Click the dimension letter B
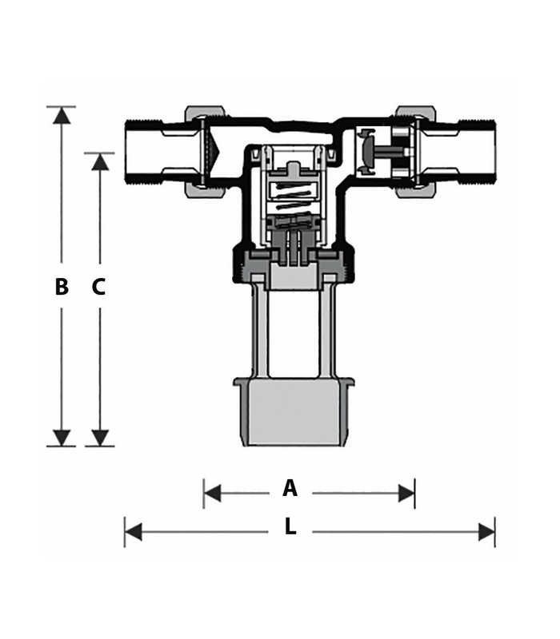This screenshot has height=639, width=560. [x=62, y=287]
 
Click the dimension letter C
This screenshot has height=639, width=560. [x=98, y=287]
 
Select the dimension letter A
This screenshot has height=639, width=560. [x=290, y=488]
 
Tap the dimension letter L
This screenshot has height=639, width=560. [x=290, y=527]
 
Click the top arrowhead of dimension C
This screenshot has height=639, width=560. [x=99, y=161]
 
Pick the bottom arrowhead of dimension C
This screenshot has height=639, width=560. [x=99, y=437]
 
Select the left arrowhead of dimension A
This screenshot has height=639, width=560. [x=213, y=493]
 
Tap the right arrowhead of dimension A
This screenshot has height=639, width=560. [x=406, y=493]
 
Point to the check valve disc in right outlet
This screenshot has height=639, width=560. [x=368, y=152]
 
